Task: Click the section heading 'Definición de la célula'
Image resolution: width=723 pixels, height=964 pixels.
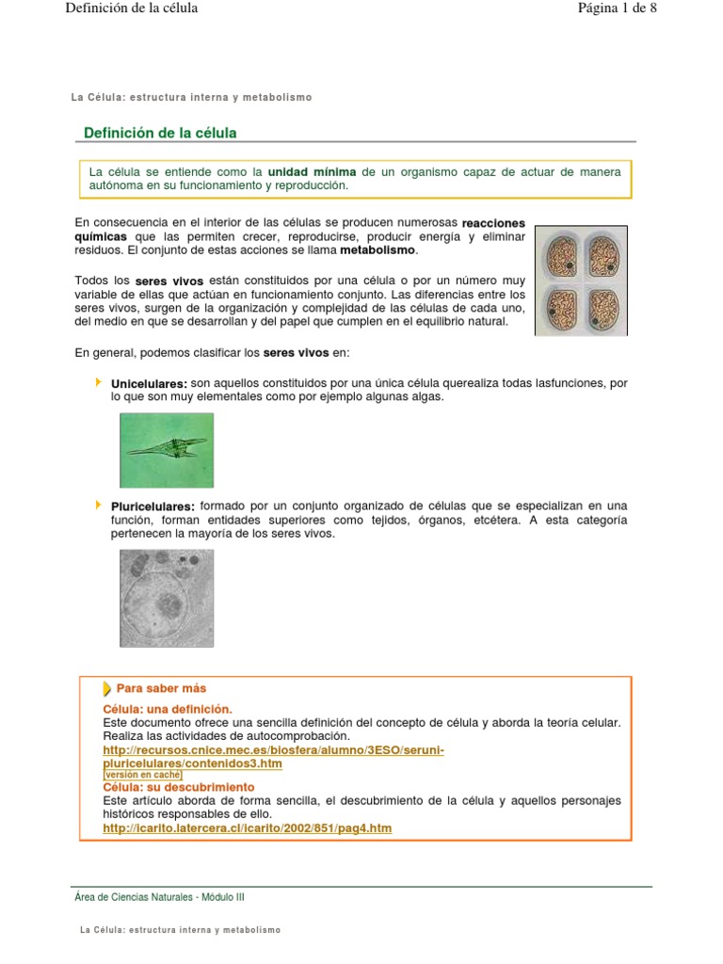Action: point(160,133)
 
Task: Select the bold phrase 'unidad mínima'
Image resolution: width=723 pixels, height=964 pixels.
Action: point(312,172)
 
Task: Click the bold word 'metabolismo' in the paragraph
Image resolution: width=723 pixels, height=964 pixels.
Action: point(377,251)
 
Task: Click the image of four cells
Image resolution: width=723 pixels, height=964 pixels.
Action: point(581,281)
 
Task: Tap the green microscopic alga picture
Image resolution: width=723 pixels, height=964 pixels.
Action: point(167,450)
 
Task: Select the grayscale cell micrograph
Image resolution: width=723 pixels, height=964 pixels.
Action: point(167,598)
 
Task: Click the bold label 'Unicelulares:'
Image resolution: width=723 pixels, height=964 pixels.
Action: point(149,384)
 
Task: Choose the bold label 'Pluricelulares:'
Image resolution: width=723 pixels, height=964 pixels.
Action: point(153,507)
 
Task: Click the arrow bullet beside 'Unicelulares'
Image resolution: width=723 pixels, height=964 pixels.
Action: point(99,382)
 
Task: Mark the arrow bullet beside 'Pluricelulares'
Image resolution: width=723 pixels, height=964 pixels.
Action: point(99,506)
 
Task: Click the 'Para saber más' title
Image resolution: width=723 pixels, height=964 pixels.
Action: point(161,688)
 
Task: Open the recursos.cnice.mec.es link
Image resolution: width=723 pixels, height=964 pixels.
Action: point(273,749)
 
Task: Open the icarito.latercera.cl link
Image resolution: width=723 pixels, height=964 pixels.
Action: point(247,828)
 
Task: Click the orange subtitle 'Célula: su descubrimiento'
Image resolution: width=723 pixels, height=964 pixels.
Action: point(178,786)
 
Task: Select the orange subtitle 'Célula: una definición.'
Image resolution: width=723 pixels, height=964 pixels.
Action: point(167,708)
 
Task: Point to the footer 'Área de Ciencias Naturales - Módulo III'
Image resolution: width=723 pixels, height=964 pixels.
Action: point(159,897)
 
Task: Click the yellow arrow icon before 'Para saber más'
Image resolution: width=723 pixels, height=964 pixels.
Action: point(107,688)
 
